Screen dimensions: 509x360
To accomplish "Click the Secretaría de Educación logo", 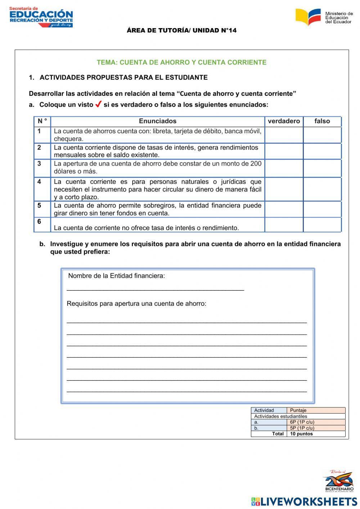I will [x=41, y=17].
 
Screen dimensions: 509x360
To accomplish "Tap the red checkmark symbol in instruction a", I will [x=98, y=104].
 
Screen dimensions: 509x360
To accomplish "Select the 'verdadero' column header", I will [x=284, y=121].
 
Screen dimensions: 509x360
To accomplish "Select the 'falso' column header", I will [x=322, y=121].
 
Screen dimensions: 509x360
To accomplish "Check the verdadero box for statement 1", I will [x=284, y=135].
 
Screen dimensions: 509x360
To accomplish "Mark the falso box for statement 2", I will [x=322, y=151].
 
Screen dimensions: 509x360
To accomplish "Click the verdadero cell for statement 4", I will [x=284, y=189].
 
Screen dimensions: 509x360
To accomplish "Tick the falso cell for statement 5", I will [x=322, y=209].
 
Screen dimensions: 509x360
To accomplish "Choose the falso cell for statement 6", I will [x=322, y=225].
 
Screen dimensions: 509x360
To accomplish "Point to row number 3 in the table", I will [x=39, y=164].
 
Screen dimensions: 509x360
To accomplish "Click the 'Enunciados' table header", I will [x=158, y=121].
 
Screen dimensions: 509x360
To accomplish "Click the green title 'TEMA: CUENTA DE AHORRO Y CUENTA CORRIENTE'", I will [x=181, y=62].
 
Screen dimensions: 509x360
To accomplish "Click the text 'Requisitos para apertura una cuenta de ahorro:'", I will [x=136, y=303].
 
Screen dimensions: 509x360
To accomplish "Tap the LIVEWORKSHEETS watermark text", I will [x=309, y=501].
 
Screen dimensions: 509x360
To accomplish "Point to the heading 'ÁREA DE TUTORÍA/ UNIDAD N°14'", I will [x=181, y=30].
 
